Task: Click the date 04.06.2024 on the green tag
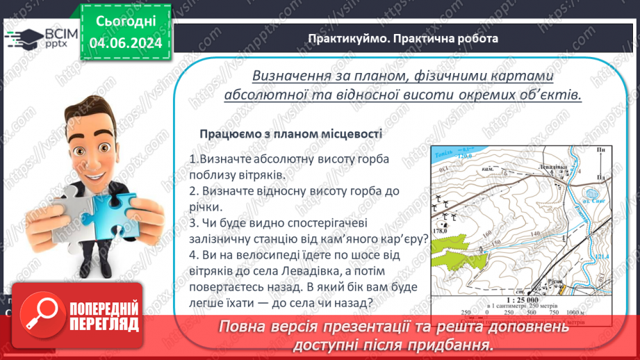tap(126, 43)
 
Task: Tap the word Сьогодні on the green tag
tap(126, 21)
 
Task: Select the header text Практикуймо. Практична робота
tap(403, 38)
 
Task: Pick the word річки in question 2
tap(206, 206)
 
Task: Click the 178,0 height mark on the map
tap(440, 231)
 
